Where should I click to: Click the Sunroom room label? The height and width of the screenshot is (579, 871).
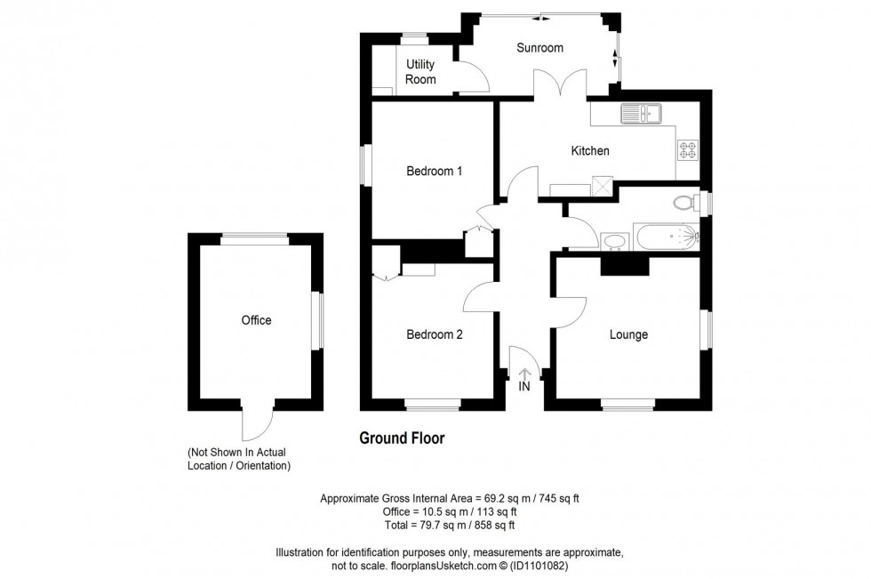pos(539,48)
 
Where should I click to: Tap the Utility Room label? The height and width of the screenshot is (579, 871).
pos(420,72)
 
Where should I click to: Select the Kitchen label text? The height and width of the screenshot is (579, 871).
pos(589,151)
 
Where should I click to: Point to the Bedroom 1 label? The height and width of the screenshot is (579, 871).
pos(434,172)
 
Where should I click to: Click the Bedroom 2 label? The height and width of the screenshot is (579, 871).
pos(434,335)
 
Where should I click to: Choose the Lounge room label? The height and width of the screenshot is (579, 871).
pos(628,335)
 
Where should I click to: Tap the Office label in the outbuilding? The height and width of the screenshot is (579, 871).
pos(256,320)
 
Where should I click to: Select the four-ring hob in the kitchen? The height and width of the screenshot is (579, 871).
pos(689,150)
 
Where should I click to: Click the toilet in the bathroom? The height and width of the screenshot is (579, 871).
pos(685,203)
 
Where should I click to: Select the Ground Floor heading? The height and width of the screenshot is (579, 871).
pos(401,438)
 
